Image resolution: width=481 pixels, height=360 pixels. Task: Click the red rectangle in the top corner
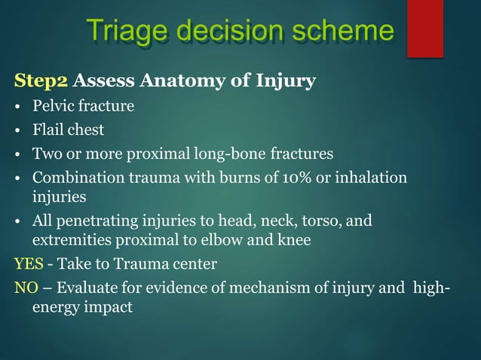coord(424,28)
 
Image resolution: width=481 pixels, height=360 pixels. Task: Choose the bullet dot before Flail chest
coord(18,130)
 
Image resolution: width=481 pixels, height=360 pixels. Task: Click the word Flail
coord(47,130)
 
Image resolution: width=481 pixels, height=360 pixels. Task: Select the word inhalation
coord(372,178)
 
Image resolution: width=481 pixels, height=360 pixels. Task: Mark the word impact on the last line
coord(111,307)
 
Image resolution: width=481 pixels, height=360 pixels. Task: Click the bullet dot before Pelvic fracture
coord(18,106)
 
